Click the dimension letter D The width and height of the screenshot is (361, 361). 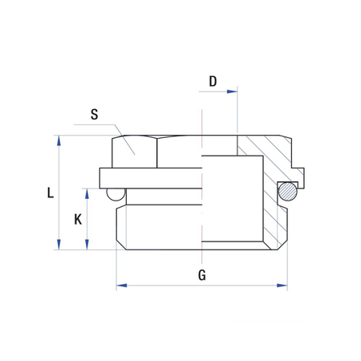tap(213, 81)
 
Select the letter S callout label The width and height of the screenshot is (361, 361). tap(94, 114)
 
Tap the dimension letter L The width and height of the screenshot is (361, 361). tap(50, 193)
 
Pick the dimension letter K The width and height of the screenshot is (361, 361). tap(76, 219)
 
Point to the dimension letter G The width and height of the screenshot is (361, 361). tap(202, 275)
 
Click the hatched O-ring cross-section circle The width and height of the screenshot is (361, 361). tap(287, 191)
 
